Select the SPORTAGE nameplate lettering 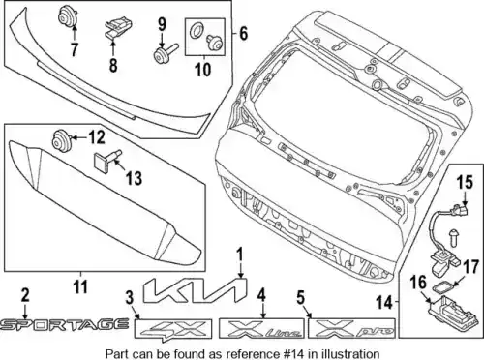[x=65, y=325]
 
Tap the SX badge [x=173, y=329]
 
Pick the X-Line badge [x=261, y=328]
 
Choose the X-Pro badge [x=351, y=328]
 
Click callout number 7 [x=75, y=49]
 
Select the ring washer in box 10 [x=196, y=31]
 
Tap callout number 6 [x=243, y=33]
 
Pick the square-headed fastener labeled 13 [x=106, y=159]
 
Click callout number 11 [x=80, y=286]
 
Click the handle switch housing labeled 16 [x=448, y=311]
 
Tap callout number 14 [x=385, y=303]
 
